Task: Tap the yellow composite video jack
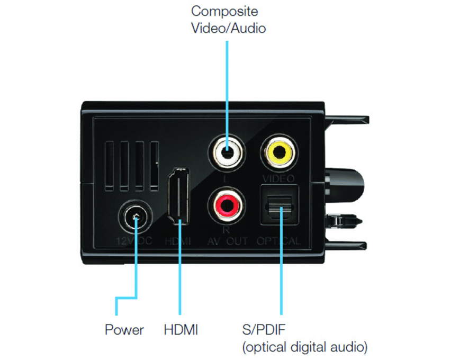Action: coord(279,151)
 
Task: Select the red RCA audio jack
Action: coord(227,206)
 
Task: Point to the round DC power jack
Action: coord(136,218)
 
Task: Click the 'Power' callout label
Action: coord(124,330)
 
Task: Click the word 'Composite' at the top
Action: coord(225,11)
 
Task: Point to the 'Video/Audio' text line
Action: coord(228,28)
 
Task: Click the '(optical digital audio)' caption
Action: coord(304,348)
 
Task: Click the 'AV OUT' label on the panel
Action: coord(227,241)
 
